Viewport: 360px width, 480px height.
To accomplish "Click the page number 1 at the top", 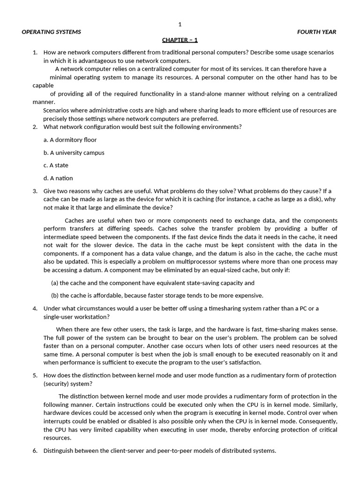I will [180, 24].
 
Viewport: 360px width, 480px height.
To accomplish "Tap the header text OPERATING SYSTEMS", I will [52, 32].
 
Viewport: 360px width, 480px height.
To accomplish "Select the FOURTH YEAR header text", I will [316, 32].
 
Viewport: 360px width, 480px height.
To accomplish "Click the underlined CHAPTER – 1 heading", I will [180, 40].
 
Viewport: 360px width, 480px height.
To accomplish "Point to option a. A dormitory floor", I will [70, 140].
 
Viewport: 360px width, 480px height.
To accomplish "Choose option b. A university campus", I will [74, 152].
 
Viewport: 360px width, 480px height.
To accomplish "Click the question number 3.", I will [35, 191].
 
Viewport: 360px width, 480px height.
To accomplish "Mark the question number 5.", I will [35, 375].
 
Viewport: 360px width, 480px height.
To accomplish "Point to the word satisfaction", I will [244, 362].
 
